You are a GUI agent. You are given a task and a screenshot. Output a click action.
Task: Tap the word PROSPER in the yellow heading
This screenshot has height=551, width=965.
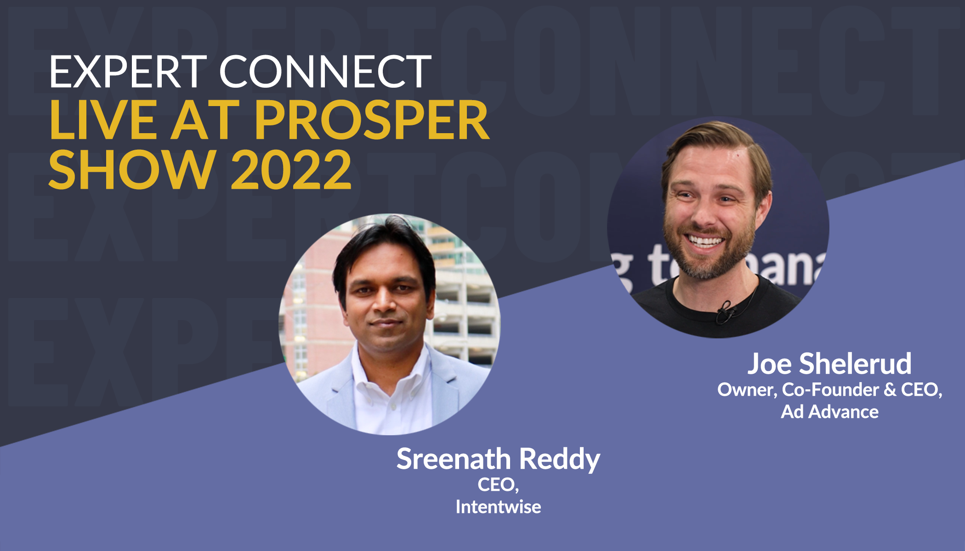(372, 120)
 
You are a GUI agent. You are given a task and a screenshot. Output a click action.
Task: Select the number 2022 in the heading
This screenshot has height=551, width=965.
(291, 170)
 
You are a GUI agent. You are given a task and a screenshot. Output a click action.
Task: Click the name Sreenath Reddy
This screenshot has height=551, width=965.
(498, 459)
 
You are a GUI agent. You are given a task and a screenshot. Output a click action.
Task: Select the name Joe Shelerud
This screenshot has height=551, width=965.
(829, 364)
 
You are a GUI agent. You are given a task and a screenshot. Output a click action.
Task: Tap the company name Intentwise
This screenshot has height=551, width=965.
(498, 507)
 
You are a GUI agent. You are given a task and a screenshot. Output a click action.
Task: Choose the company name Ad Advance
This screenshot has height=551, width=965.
(830, 412)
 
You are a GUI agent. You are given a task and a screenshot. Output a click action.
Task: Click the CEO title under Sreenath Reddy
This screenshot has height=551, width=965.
(498, 485)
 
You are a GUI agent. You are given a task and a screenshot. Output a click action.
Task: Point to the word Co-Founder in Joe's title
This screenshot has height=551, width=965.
(830, 390)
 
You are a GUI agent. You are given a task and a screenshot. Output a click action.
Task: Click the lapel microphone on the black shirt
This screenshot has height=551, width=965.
(726, 313)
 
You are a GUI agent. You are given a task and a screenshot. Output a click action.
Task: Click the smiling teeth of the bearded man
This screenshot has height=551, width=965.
(704, 241)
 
